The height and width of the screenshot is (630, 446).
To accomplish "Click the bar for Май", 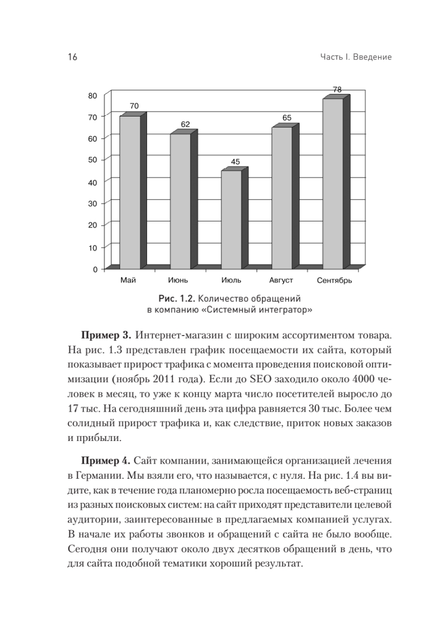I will [130, 192].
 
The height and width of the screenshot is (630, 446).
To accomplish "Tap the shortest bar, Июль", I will [231, 219].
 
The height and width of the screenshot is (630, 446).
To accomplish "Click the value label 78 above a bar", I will [337, 90].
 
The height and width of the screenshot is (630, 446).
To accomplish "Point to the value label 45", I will [235, 162].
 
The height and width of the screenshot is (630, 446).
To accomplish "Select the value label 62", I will [185, 124].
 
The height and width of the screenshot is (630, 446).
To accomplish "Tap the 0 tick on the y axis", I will [95, 269].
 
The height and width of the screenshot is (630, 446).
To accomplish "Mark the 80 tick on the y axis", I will [93, 96].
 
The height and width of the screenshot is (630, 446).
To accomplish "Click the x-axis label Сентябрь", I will [335, 281].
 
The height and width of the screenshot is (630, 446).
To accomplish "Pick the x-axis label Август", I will [281, 281].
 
